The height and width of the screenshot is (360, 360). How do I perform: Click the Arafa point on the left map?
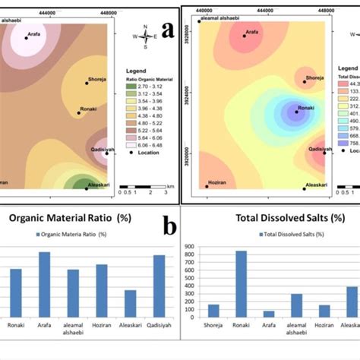click(x=27, y=37)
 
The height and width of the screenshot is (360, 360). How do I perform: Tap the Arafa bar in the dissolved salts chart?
click(x=269, y=314)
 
